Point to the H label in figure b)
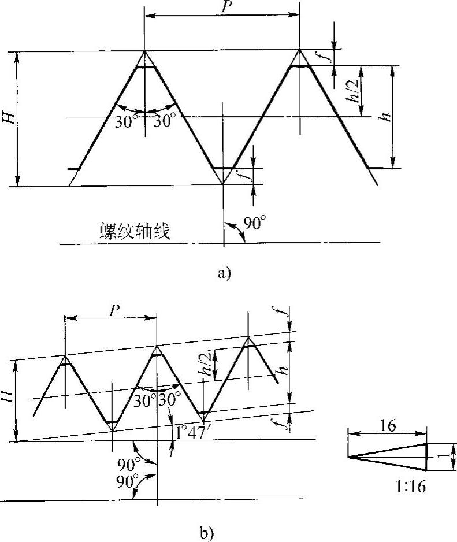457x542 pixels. (10, 396)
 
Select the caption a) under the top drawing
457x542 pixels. (224, 274)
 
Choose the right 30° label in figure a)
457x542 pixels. (164, 122)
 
